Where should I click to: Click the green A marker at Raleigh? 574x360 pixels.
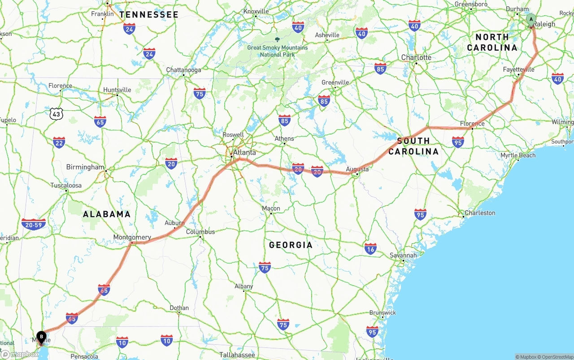[531, 20]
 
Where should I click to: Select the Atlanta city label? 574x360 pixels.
[244, 152]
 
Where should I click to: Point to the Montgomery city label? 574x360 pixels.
[132, 237]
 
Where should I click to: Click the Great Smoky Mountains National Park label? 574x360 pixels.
[278, 51]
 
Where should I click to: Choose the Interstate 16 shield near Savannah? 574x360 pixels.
[370, 249]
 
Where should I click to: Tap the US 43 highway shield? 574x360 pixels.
[56, 114]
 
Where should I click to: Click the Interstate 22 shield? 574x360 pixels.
[59, 143]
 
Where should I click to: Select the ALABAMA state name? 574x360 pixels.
[107, 214]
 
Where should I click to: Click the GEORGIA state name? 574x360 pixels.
[291, 245]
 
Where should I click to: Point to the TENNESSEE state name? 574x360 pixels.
[149, 15]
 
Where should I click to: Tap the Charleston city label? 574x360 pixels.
[480, 213]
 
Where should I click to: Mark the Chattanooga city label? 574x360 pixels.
[183, 70]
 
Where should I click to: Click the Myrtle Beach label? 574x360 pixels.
[518, 156]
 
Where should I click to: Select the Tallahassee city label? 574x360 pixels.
[237, 355]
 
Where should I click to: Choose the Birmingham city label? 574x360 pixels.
[85, 167]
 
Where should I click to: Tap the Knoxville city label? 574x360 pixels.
[256, 11]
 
